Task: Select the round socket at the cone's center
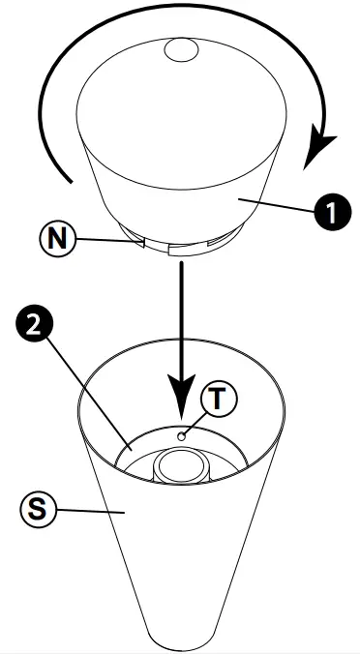tap(180, 467)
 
